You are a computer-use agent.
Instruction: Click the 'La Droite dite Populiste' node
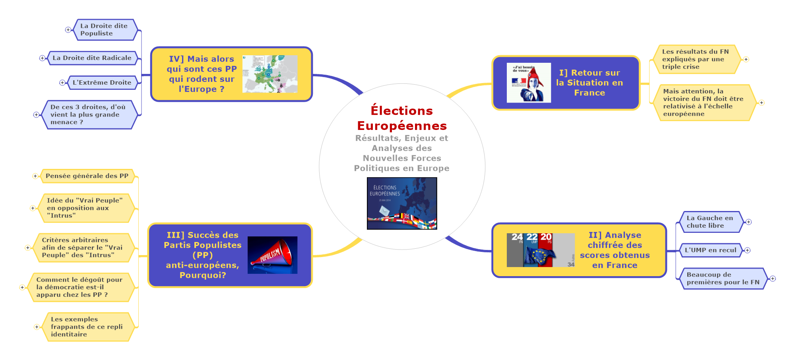tap(104, 30)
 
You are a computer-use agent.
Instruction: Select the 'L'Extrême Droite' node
tap(102, 83)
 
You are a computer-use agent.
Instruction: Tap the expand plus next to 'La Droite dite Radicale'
tap(42, 58)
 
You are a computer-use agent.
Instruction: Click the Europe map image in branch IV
tap(270, 74)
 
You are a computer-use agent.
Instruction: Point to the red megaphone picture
tap(272, 255)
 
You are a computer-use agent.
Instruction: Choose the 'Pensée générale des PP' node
tap(87, 176)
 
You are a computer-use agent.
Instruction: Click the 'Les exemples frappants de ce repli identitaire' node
tap(87, 327)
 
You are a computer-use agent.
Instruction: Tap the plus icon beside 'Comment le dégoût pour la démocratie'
tap(22, 287)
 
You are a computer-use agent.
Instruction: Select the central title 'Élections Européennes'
tap(402, 118)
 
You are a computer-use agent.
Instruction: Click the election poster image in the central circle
tap(402, 203)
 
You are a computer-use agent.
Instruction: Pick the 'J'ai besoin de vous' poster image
tap(529, 83)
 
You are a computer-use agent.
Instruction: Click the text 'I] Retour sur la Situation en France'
tap(589, 83)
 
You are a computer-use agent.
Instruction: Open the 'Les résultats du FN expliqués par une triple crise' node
tap(695, 59)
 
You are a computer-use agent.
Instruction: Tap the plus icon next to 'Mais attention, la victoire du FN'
tap(762, 103)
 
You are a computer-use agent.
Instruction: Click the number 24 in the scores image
tap(517, 237)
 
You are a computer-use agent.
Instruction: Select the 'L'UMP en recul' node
tap(710, 250)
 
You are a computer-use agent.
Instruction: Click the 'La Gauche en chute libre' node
tap(710, 222)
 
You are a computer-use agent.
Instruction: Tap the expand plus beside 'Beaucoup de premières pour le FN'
tap(773, 279)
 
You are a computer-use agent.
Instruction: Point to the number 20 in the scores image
tap(546, 237)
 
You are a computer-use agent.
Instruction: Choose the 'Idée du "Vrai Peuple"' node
tap(85, 208)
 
